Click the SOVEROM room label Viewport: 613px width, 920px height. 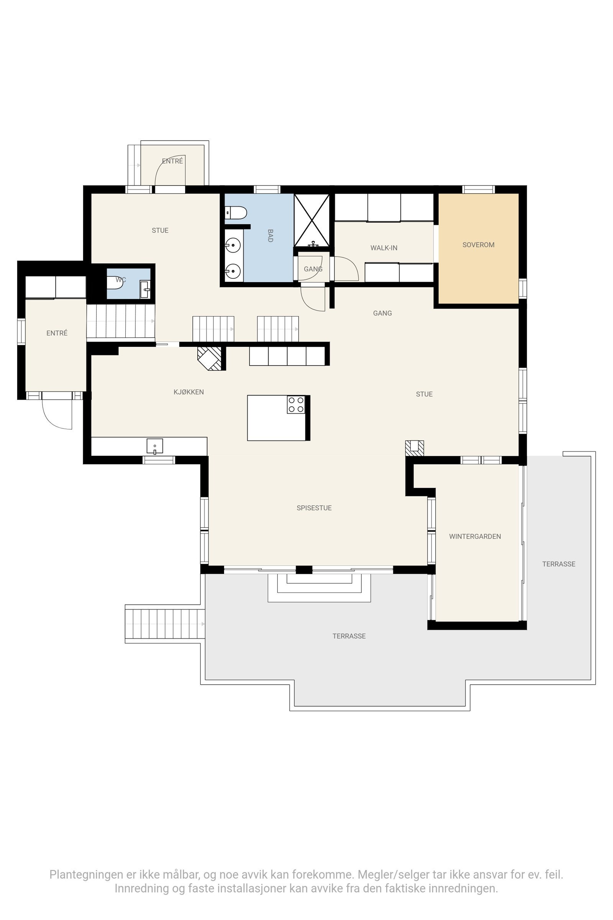pos(478,245)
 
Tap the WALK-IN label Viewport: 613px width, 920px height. pos(384,248)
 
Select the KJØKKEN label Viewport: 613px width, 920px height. pos(188,392)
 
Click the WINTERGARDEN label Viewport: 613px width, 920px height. pos(475,536)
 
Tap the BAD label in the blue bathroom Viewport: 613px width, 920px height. pos(270,235)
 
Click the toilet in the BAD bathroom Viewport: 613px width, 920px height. pos(236,213)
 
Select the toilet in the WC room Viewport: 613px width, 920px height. pos(115,283)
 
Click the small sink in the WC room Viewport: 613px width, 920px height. pos(145,289)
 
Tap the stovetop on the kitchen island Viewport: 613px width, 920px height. pos(296,404)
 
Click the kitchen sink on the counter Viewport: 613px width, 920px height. pos(155,446)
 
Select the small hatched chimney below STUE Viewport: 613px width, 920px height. pos(415,448)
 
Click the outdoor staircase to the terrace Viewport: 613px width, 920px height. pos(164,624)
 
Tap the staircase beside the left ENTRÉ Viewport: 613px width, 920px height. pos(120,321)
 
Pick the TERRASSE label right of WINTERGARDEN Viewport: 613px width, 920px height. pos(558,563)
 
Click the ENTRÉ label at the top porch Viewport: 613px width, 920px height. pos(172,161)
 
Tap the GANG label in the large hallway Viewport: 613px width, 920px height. pos(382,313)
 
